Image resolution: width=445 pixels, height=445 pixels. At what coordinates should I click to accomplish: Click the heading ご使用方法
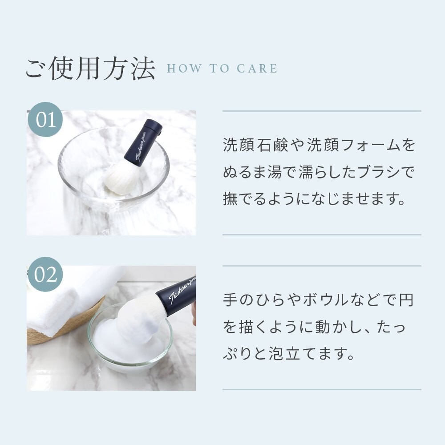90,69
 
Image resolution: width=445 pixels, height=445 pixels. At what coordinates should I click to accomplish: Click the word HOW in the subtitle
185,69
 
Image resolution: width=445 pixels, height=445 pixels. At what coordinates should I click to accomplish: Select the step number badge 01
45,119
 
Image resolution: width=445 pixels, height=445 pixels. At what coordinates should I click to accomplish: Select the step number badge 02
45,275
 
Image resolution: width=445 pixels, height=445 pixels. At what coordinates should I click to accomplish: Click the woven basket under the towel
71,326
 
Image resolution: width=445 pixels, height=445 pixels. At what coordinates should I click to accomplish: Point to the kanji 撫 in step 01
230,198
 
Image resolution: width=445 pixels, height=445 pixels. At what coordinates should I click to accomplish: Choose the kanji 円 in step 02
406,299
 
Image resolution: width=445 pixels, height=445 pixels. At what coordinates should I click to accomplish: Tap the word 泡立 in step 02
284,353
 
